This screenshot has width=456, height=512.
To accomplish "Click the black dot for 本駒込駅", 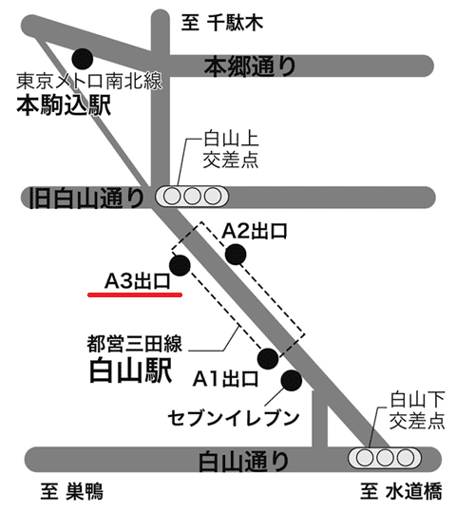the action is coord(83,59).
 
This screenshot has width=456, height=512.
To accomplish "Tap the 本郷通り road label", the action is coord(250,66).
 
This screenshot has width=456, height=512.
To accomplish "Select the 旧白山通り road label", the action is coord(85,198).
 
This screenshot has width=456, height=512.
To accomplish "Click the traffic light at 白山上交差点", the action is coord(192,197).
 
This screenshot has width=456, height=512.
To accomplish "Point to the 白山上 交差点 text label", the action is coord(231,150).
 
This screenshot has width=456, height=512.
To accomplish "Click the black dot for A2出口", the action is coord(236,254).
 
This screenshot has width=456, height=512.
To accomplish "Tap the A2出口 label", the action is coord(255,232).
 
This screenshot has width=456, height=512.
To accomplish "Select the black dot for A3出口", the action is coord(180,265).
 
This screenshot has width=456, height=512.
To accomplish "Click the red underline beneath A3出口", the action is coord(135,294).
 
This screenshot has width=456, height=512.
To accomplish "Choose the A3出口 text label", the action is coord(138,281).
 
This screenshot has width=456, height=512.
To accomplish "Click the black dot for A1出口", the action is coord(268,358).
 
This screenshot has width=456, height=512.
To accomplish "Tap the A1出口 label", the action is coord(226,379).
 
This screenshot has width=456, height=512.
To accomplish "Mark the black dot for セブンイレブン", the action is coord(292,380).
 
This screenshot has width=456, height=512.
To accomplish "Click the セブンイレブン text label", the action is coord(234,419).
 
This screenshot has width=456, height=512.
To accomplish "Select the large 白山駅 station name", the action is coord(131,370).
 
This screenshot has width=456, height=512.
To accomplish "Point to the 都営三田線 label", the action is coord(134,344).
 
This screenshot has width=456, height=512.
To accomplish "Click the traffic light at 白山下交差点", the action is coord(385,458).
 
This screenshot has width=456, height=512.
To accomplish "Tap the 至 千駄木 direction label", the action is coord(222,23).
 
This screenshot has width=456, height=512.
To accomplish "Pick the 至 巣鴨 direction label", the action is coord(72,491).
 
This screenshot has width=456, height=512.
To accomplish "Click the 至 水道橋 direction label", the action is coord(402,491).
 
